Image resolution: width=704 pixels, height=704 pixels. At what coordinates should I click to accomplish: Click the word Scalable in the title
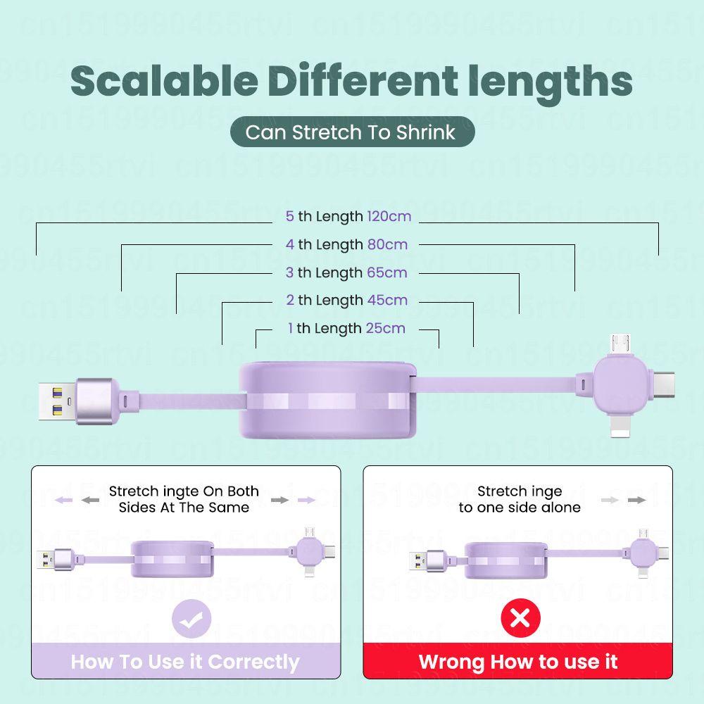click(164, 82)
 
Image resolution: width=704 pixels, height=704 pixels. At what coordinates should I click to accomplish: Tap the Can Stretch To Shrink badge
click(352, 132)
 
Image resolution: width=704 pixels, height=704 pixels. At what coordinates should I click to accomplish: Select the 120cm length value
click(389, 216)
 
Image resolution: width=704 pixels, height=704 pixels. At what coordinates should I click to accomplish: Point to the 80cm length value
click(387, 244)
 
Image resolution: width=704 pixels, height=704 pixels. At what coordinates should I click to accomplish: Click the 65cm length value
click(386, 272)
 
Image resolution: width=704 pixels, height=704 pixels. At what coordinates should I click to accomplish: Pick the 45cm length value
click(387, 300)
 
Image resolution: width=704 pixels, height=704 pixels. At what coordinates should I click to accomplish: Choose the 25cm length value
click(386, 328)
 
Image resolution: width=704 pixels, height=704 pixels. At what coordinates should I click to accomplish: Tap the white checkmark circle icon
click(191, 620)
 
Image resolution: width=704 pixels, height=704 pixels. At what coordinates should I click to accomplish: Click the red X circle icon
click(520, 618)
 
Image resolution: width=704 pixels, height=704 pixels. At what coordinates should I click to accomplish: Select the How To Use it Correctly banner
click(185, 662)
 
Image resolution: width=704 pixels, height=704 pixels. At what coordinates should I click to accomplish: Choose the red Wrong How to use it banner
click(518, 662)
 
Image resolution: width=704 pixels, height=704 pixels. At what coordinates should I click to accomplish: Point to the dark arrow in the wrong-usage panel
click(637, 500)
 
